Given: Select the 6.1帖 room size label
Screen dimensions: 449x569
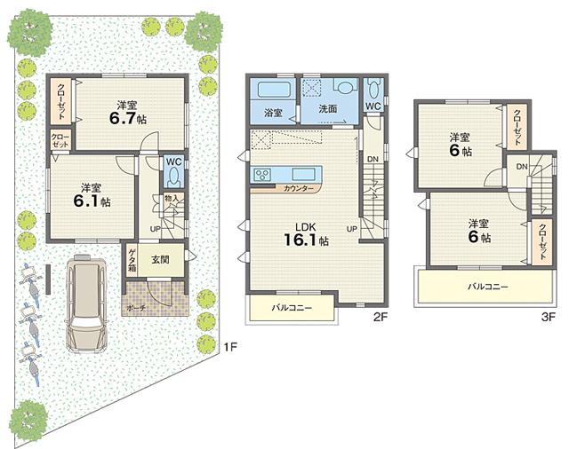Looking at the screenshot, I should point(92,201).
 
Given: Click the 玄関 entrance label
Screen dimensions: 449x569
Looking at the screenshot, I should point(161,259).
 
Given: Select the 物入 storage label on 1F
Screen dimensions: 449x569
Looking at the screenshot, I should point(172,199).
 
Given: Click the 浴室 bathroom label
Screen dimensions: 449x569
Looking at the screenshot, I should point(273,113).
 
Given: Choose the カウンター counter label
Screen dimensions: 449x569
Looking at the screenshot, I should point(298,189).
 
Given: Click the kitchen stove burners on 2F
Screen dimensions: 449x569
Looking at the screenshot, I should point(265,173).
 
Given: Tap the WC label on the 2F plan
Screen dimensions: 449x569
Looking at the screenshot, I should point(372,107).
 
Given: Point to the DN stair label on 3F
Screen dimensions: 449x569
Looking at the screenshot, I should point(522,166).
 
